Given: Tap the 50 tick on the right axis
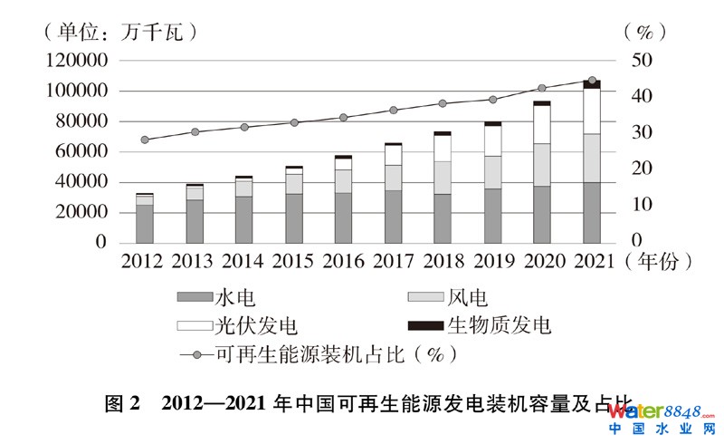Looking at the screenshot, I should pyautogui.click(x=638, y=61).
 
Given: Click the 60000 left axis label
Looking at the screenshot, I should pyautogui.click(x=82, y=151).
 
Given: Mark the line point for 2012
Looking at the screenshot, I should pyautogui.click(x=145, y=140).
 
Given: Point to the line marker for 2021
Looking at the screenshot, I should pyautogui.click(x=592, y=81).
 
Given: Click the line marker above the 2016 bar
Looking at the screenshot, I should pyautogui.click(x=343, y=117).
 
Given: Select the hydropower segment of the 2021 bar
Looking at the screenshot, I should pyautogui.click(x=592, y=212).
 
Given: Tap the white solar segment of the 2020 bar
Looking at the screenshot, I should pyautogui.click(x=542, y=124).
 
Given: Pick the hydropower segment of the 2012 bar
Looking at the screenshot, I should pyautogui.click(x=145, y=224).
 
